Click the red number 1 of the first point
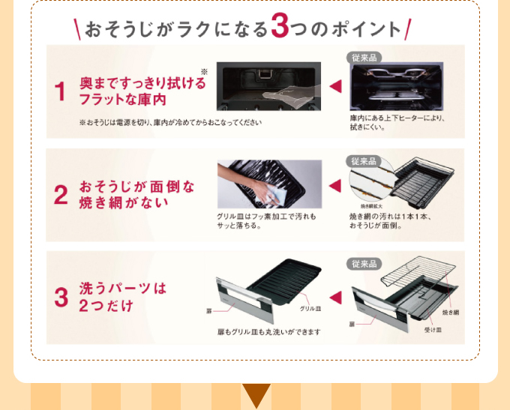pos(61,92)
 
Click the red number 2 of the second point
pos(61,194)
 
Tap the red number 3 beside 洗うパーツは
pos(61,297)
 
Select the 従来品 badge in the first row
pos(364,58)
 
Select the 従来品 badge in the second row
pos(364,161)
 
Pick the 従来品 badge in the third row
pos(364,264)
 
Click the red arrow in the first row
pos(335,87)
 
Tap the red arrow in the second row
pos(335,185)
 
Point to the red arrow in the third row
pos(335,295)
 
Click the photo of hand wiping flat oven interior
pos(268,86)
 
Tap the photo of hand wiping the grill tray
pos(268,184)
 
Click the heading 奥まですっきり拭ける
pos(142,82)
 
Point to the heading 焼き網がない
pos(124,203)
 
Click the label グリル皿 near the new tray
pos(310,309)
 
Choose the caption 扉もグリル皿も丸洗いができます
pos(268,331)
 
